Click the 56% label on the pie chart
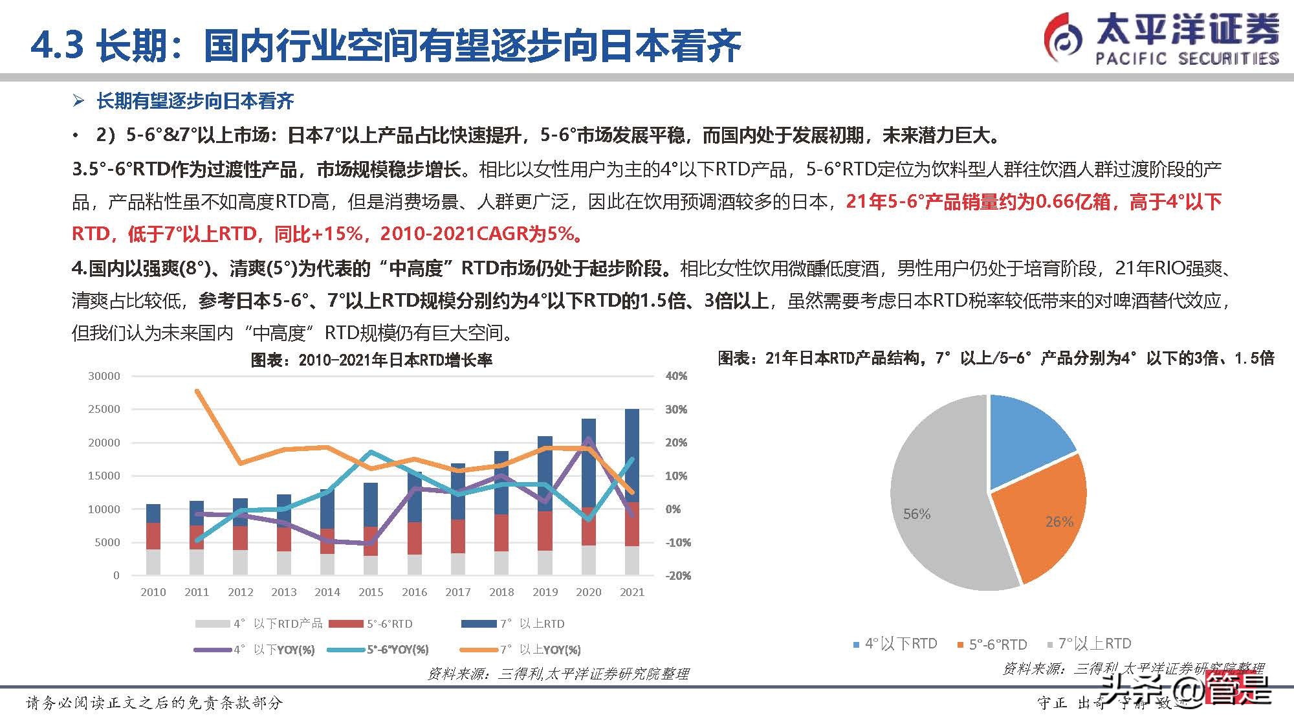tap(916, 514)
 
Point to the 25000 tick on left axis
tap(104, 409)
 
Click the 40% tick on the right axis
tap(676, 376)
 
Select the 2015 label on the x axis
tap(371, 592)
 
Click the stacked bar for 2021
tap(632, 492)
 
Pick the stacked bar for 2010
tap(153, 540)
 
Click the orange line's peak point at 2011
tap(197, 391)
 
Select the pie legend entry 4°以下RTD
tap(895, 644)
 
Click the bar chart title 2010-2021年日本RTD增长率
tap(371, 360)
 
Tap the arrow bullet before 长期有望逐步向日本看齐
tap(78, 101)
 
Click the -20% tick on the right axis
tap(677, 575)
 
